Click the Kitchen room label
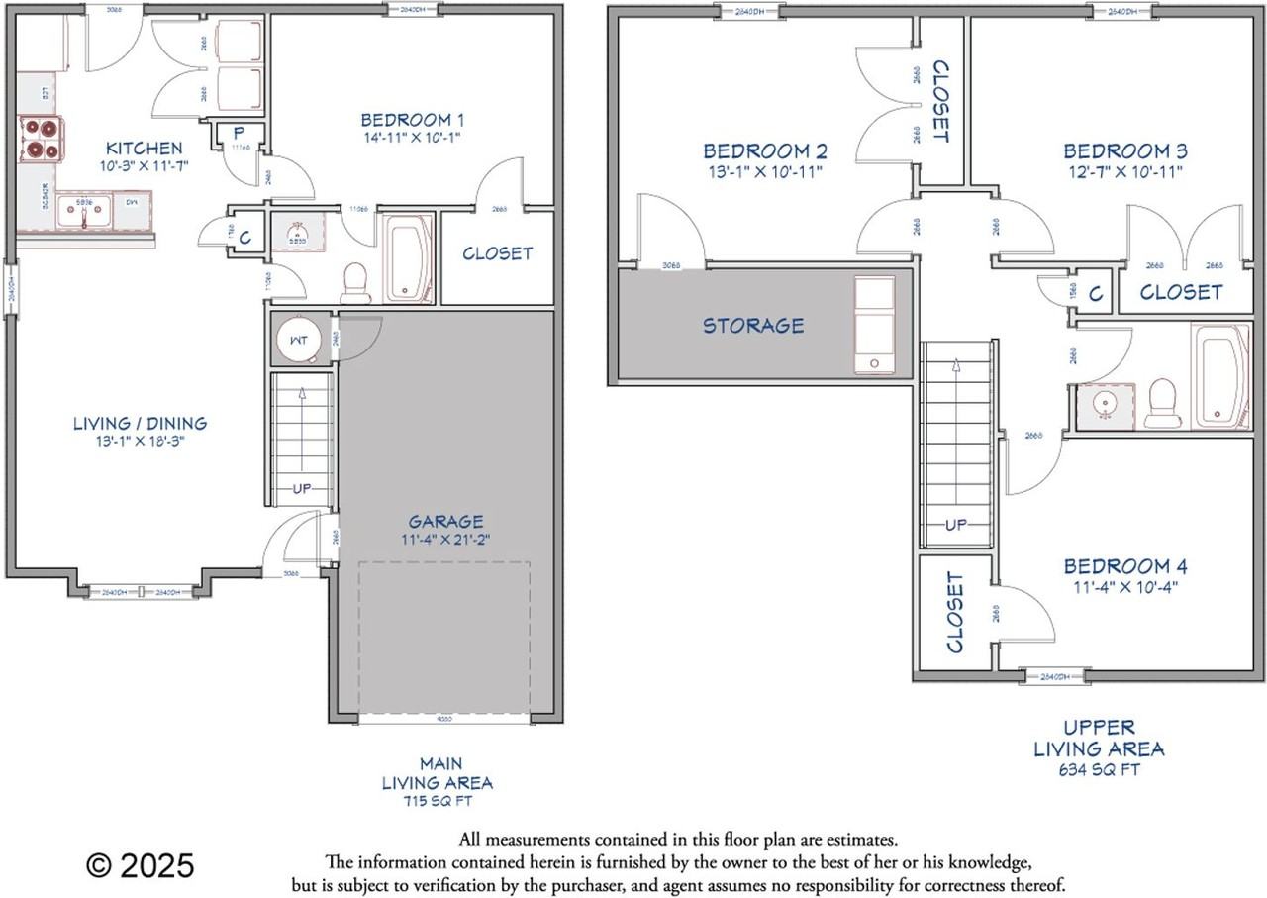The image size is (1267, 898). pyautogui.click(x=145, y=148)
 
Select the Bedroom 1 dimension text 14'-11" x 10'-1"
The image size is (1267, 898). pyautogui.click(x=411, y=138)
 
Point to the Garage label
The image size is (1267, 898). pyautogui.click(x=445, y=521)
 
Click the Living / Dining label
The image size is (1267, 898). pyautogui.click(x=140, y=423)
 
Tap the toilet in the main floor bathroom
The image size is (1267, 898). pyautogui.click(x=354, y=282)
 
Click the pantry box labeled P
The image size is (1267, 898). pyautogui.click(x=239, y=133)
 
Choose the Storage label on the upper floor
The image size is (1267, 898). pyautogui.click(x=753, y=325)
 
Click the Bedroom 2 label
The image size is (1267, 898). pyautogui.click(x=765, y=150)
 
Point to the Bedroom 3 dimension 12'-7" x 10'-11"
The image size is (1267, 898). pyautogui.click(x=1124, y=171)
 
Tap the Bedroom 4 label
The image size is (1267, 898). pyautogui.click(x=1125, y=566)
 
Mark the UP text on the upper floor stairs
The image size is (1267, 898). pyautogui.click(x=955, y=525)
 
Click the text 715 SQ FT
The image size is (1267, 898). pyautogui.click(x=437, y=800)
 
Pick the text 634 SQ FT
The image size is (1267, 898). pyautogui.click(x=1099, y=769)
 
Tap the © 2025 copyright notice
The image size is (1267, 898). pyautogui.click(x=141, y=865)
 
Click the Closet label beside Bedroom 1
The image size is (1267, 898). pyautogui.click(x=497, y=253)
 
